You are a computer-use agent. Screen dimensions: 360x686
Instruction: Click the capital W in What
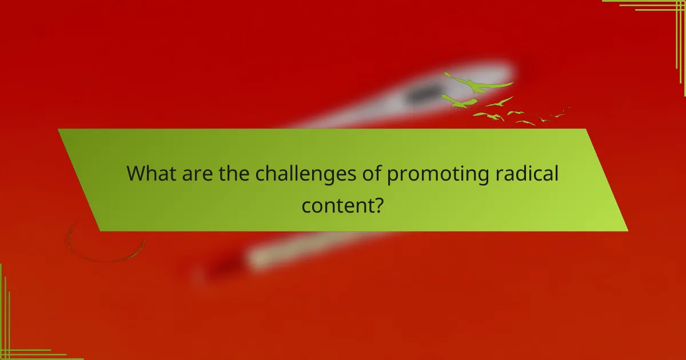(136, 173)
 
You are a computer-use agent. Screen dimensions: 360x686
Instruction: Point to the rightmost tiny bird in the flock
(567, 108)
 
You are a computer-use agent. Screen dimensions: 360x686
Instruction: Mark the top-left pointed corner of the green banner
(58, 130)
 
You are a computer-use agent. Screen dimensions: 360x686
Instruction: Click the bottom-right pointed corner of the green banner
(627, 230)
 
